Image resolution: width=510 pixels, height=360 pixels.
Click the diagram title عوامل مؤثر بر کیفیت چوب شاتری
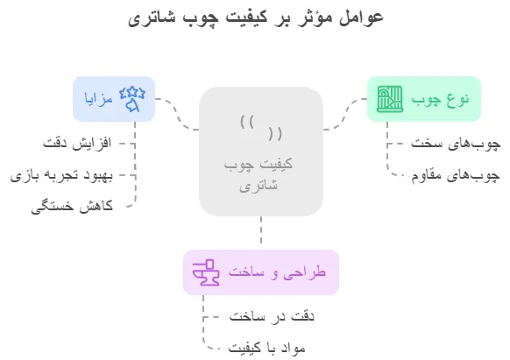click(x=256, y=17)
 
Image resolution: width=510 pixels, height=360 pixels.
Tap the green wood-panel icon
click(x=390, y=99)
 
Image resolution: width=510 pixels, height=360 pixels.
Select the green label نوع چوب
click(x=440, y=100)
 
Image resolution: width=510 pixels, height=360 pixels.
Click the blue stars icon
click(x=132, y=99)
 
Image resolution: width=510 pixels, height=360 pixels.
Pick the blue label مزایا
click(x=98, y=98)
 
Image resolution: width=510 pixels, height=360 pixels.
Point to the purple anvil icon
click(x=206, y=272)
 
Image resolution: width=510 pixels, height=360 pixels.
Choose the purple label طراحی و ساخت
click(x=277, y=272)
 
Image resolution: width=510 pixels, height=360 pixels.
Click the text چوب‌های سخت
click(x=456, y=144)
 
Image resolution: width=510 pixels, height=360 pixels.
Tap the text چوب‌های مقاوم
click(x=456, y=175)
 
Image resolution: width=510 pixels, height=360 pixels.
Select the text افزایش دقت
click(x=77, y=143)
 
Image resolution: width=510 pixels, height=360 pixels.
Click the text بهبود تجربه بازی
click(x=61, y=175)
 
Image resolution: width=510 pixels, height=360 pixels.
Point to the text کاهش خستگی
click(x=72, y=207)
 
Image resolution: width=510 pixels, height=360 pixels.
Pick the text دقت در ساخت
click(x=272, y=316)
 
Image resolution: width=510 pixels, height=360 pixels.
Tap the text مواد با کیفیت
click(x=266, y=348)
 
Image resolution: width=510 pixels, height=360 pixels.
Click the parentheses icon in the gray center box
click(x=261, y=128)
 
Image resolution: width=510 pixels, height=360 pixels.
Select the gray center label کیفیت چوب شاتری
click(x=259, y=174)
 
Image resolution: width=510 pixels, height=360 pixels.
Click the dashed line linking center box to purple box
click(x=261, y=230)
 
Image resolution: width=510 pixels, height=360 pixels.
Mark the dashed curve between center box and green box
click(x=345, y=114)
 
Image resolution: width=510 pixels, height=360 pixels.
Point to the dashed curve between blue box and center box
click(x=177, y=114)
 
